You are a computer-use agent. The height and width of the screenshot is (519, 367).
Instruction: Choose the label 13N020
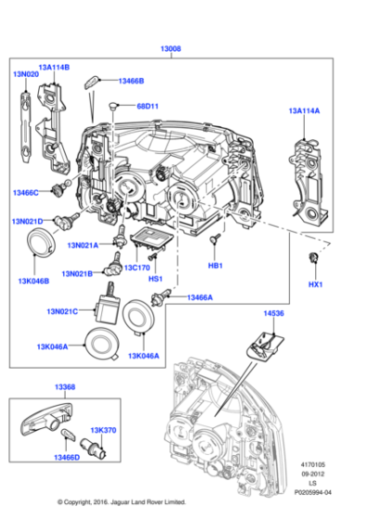(x=25, y=74)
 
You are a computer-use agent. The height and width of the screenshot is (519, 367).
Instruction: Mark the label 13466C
(x=26, y=192)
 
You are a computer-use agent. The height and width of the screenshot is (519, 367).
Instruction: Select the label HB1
(x=215, y=266)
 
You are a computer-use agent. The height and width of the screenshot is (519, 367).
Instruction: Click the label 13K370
(x=103, y=430)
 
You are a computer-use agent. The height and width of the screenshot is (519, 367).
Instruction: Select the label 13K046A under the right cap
(x=144, y=355)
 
